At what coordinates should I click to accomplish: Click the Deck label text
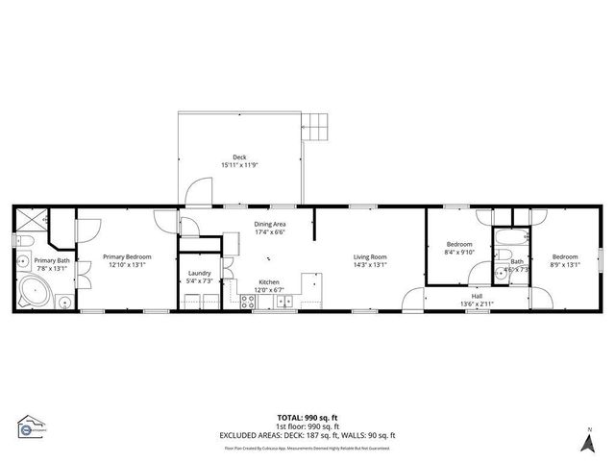point(239,158)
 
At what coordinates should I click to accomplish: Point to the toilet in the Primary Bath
point(25,241)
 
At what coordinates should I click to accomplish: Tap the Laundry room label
point(200,274)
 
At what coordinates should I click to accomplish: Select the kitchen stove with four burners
point(248,302)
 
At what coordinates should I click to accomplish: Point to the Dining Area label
point(270,224)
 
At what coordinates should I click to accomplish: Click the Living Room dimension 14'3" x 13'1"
point(370,264)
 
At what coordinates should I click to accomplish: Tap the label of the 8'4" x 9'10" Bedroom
point(458,245)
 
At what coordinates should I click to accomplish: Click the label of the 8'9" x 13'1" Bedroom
point(565,256)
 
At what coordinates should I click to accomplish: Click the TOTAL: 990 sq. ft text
point(307,417)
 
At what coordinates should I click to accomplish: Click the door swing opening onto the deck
point(195,192)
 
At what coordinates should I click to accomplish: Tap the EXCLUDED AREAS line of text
point(307,435)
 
